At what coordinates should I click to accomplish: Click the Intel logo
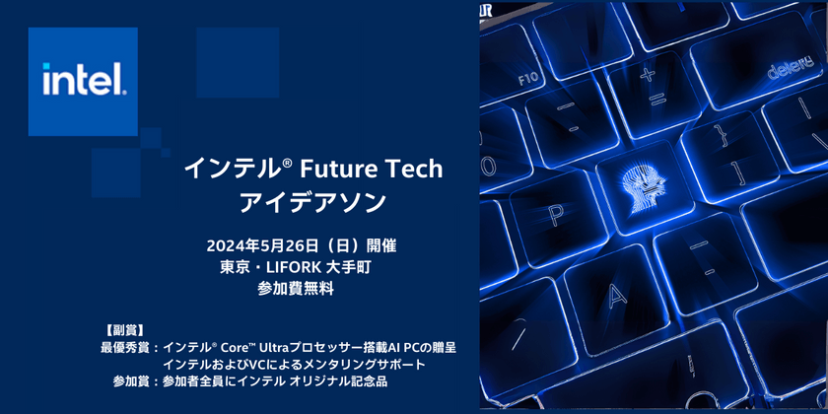(84, 80)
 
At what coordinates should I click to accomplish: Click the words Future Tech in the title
(379, 169)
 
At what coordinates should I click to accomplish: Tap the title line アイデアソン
(313, 202)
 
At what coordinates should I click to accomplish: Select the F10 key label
(528, 78)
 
